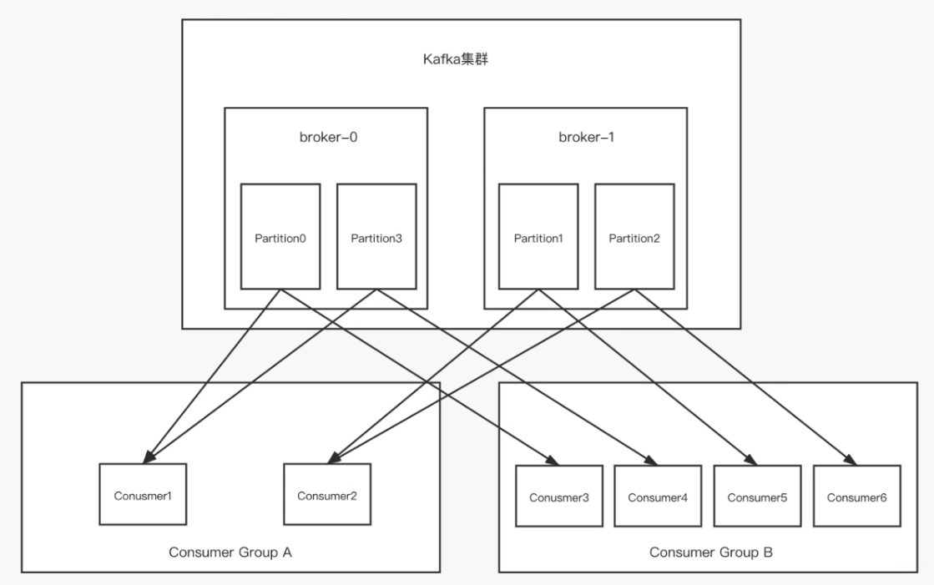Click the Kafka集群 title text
point(456,59)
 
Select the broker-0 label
point(328,137)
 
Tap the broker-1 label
point(586,137)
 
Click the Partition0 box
point(280,236)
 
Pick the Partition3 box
point(376,236)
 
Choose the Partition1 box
point(538,236)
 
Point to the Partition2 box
point(634,236)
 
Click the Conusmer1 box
point(143,494)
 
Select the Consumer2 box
point(327,494)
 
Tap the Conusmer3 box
point(558,497)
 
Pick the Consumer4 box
point(658,497)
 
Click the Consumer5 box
point(757,497)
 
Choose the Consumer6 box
point(856,497)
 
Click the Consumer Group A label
point(230,552)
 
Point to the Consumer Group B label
point(710,552)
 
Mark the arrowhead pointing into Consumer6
point(851,459)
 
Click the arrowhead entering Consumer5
point(750,459)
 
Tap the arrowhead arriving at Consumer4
point(651,459)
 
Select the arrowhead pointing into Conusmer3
point(553,459)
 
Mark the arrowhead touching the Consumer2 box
point(334,457)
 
